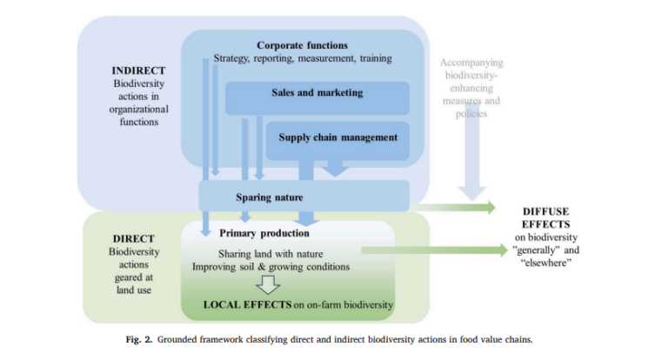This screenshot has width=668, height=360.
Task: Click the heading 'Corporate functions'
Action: click(x=302, y=44)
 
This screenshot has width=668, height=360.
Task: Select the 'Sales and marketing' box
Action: click(x=316, y=92)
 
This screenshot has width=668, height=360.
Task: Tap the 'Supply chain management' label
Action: click(x=338, y=137)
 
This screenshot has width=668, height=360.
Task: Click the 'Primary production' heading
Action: click(x=264, y=233)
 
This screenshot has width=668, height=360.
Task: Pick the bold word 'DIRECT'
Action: click(x=134, y=237)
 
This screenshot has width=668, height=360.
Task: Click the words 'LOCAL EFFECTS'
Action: click(x=248, y=303)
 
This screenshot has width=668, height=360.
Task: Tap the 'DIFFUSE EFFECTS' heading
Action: click(x=547, y=217)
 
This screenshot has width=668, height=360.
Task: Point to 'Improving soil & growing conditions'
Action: click(x=271, y=266)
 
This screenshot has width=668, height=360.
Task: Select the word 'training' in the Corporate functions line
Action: click(x=371, y=58)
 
